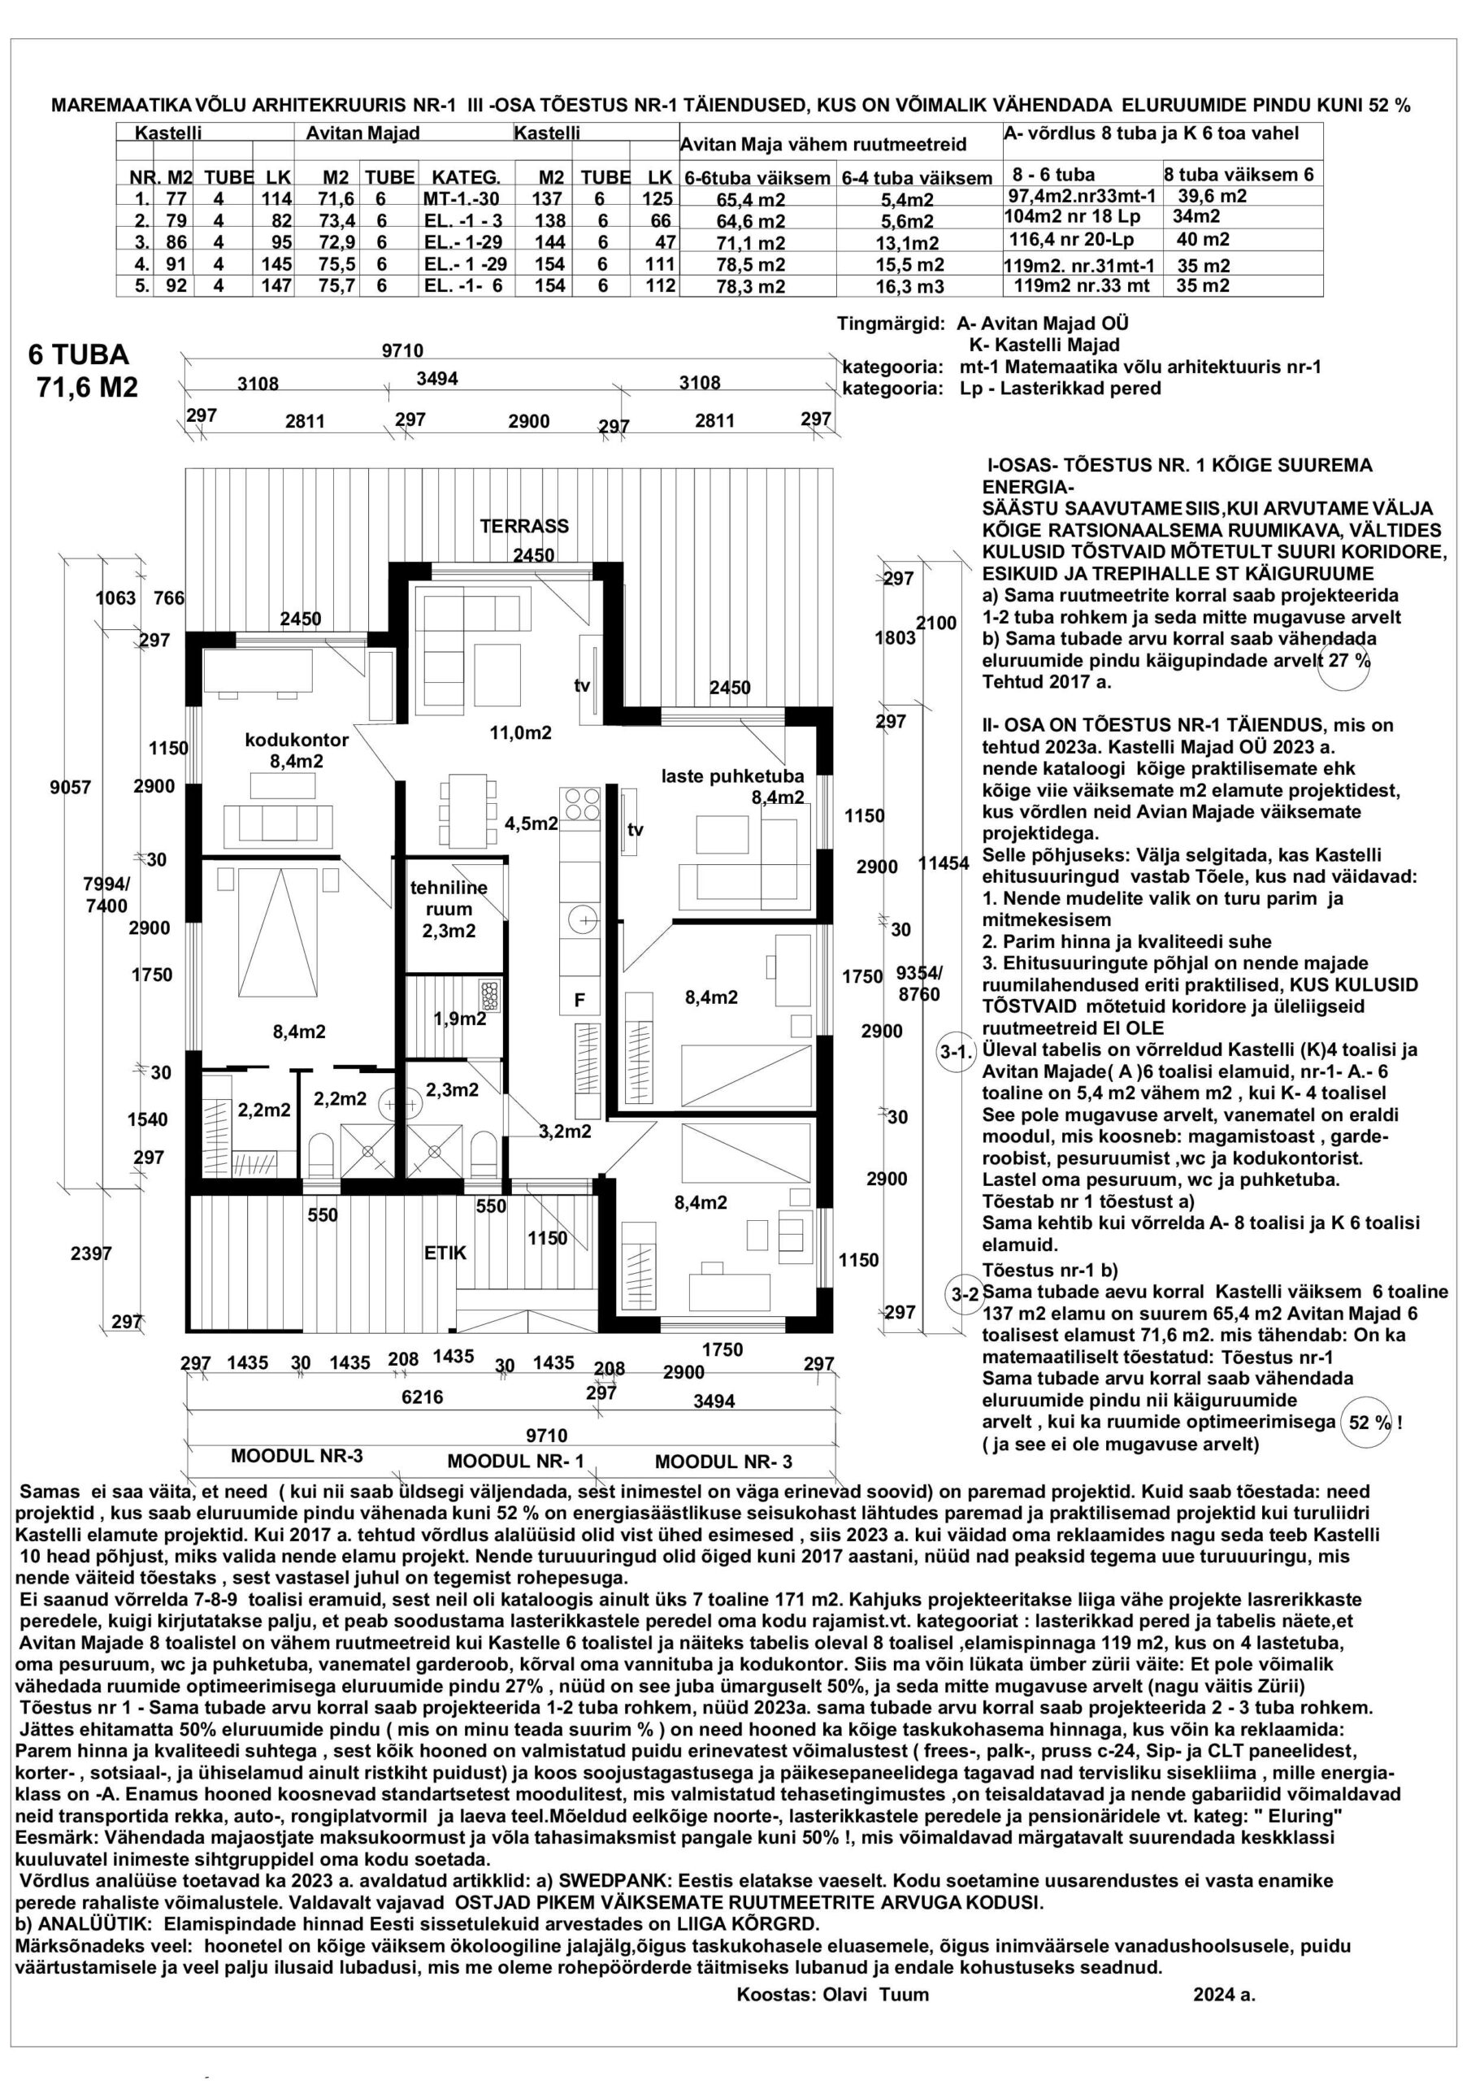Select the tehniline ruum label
coord(449,909)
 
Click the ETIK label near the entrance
coord(445,1253)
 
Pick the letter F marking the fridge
coord(579,1001)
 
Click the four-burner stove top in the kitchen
coord(581,803)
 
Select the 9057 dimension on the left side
coord(70,788)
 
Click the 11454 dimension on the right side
coord(943,864)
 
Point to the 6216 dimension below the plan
coord(423,1397)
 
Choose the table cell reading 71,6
coord(329,198)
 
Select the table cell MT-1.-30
coord(461,198)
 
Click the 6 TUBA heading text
coord(79,354)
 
